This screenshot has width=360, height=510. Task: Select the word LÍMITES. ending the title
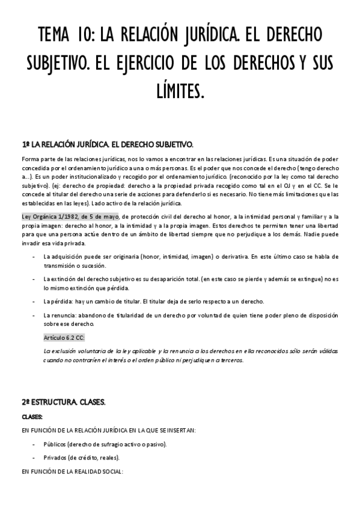click(180, 91)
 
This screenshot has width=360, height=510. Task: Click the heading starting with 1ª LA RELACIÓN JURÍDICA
click(107, 144)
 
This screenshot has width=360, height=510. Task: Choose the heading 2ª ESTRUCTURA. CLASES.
click(64, 402)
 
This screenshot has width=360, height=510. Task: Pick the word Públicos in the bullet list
click(55, 444)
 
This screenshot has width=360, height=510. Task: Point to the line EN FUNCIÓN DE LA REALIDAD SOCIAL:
click(72, 472)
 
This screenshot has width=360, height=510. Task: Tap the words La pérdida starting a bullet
click(57, 301)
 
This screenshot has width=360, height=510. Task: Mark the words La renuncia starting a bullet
click(58, 315)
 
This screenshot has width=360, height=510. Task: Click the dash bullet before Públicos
click(33, 444)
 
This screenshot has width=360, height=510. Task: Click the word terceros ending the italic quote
click(230, 360)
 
